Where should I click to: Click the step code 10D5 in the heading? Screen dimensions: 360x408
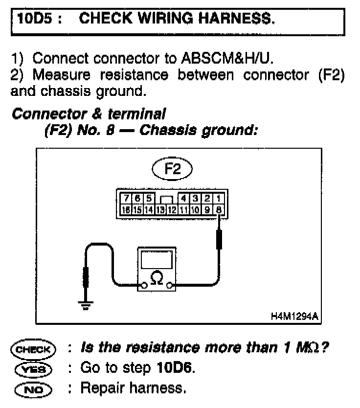[35, 19]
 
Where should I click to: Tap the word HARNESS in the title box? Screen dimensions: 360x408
[236, 19]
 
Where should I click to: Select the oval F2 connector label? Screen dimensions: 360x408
[172, 169]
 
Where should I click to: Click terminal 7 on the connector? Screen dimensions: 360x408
[126, 198]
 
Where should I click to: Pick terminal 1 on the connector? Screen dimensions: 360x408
[219, 198]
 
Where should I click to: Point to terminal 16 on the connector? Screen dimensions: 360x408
[126, 210]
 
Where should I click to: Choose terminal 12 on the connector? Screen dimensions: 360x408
[172, 210]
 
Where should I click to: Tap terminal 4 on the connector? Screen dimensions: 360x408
[183, 198]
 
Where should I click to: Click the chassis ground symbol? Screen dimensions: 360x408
[85, 305]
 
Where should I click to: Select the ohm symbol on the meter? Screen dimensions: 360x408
[157, 278]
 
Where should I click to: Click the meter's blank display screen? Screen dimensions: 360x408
[157, 259]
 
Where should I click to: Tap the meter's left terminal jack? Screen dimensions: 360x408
[144, 286]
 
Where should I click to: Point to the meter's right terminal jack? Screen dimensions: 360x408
[169, 286]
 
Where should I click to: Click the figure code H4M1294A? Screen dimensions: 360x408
[294, 317]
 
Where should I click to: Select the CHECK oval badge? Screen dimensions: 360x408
[33, 349]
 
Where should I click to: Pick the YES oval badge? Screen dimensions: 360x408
[33, 369]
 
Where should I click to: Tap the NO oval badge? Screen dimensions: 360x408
[33, 390]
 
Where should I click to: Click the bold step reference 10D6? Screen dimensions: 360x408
[176, 368]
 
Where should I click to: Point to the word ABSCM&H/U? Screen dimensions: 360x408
[227, 58]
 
